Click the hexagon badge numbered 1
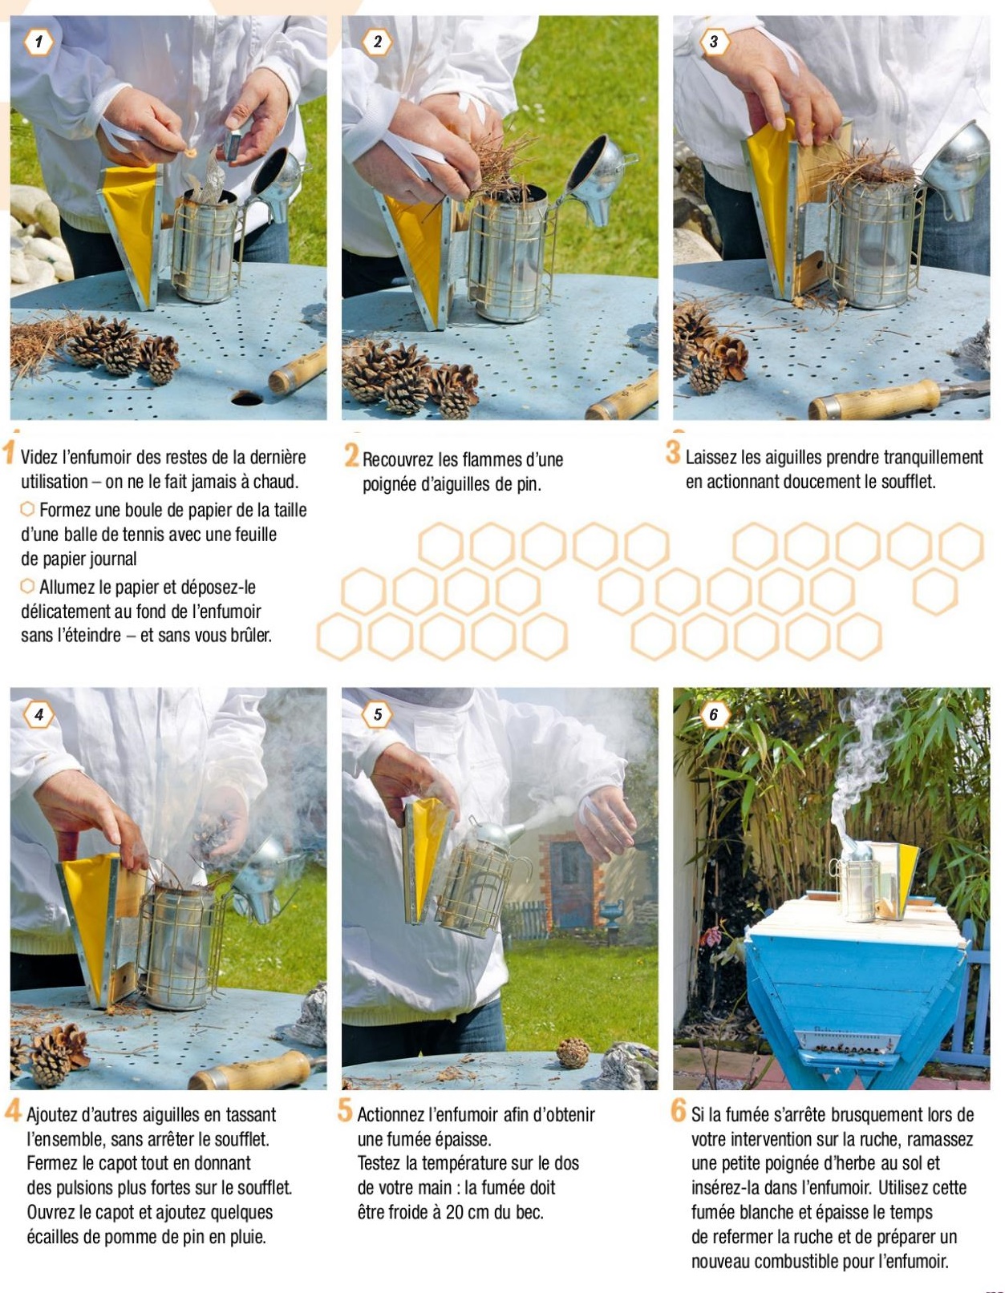[38, 42]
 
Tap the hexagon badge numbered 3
[714, 42]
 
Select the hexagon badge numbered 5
[378, 714]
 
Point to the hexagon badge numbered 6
[714, 714]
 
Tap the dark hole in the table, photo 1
[246, 398]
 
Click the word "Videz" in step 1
[39, 458]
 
